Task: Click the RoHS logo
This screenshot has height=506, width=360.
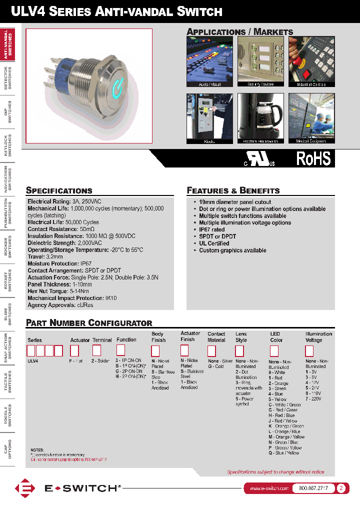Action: click(x=313, y=158)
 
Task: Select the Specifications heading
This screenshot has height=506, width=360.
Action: click(x=59, y=190)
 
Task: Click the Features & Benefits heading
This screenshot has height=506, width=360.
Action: click(x=233, y=190)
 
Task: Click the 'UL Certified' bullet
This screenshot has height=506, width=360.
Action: click(x=214, y=243)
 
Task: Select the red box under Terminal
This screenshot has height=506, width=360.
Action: click(x=97, y=350)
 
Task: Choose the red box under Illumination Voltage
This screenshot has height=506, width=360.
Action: click(x=309, y=350)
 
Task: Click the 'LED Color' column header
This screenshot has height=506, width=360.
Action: click(x=276, y=337)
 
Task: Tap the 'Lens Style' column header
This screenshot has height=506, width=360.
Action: click(x=241, y=337)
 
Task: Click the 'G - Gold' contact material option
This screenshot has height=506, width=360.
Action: click(x=216, y=366)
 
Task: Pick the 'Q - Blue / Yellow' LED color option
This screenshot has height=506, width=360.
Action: click(x=283, y=453)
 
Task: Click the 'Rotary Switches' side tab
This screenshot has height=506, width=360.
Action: click(x=7, y=281)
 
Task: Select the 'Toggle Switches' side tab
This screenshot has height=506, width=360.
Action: click(x=7, y=415)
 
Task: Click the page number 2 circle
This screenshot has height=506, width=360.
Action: click(x=341, y=488)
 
